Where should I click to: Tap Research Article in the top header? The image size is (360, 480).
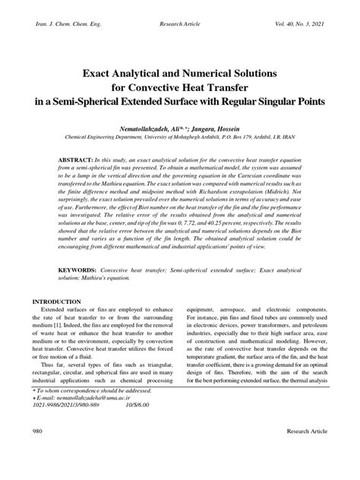179,24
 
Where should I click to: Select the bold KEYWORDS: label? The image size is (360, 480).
81,249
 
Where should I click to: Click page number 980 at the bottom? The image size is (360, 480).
38,453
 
